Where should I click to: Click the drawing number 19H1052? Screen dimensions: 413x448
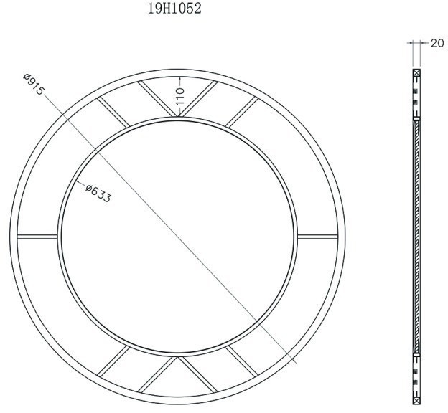(174, 9)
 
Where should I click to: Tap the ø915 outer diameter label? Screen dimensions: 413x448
(34, 85)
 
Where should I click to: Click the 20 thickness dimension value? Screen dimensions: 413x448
(437, 43)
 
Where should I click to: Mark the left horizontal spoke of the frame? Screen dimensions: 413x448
(37, 236)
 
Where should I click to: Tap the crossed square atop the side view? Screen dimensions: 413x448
(416, 73)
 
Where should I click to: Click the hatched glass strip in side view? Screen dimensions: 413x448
(416, 237)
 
